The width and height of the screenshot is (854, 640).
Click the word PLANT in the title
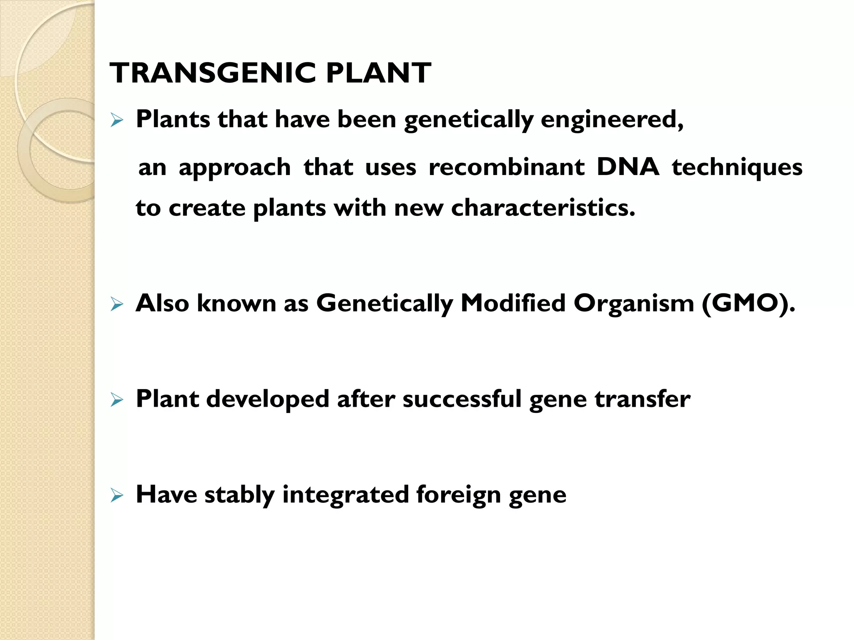click(378, 73)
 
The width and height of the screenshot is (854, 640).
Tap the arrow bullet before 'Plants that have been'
click(117, 121)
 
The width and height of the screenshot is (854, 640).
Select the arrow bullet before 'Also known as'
click(117, 305)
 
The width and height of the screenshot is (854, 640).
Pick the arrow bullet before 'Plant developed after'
click(117, 400)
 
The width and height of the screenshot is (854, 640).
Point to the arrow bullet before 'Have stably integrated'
click(117, 496)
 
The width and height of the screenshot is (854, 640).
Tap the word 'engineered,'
click(612, 120)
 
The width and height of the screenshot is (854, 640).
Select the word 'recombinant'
click(507, 167)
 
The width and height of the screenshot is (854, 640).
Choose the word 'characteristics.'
click(543, 208)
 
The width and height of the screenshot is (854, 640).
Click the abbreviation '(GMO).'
click(749, 303)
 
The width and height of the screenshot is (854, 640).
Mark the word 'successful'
click(462, 399)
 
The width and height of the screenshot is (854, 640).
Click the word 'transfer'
click(643, 399)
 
